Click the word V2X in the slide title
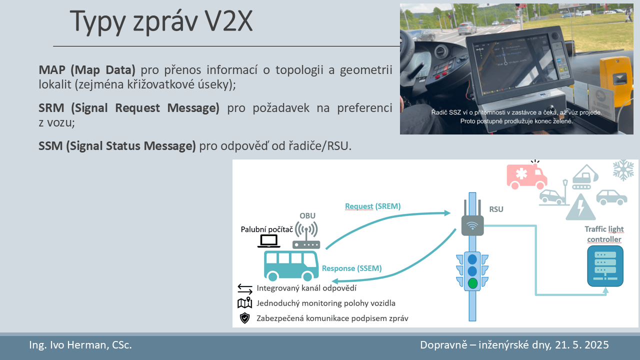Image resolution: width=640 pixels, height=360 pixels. click(x=229, y=21)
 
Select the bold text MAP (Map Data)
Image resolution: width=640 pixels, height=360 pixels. click(x=87, y=69)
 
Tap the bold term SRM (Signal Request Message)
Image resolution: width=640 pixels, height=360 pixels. click(x=129, y=108)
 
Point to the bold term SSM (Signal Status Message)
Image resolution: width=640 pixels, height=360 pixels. click(x=117, y=146)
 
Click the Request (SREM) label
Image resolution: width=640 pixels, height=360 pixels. click(x=373, y=206)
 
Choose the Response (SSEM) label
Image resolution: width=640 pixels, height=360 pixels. click(x=351, y=268)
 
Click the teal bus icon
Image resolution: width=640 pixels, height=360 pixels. click(x=291, y=265)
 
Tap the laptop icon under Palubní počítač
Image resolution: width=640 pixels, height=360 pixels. click(x=269, y=241)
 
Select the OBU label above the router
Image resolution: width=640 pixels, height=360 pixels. click(x=307, y=215)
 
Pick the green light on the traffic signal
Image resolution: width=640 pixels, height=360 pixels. click(x=472, y=283)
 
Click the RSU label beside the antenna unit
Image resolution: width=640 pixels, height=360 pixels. click(x=496, y=209)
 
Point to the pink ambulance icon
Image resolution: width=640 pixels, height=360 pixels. click(x=527, y=175)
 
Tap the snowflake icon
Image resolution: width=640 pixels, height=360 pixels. click(x=623, y=170)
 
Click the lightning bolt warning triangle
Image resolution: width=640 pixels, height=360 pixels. click(x=580, y=207)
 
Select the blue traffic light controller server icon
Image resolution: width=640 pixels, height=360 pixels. click(x=605, y=266)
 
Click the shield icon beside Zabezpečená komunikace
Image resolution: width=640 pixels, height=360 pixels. click(x=244, y=318)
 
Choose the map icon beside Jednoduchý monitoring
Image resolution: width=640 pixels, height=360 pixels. click(x=244, y=303)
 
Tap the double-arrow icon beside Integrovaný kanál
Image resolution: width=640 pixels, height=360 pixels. click(x=245, y=289)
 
